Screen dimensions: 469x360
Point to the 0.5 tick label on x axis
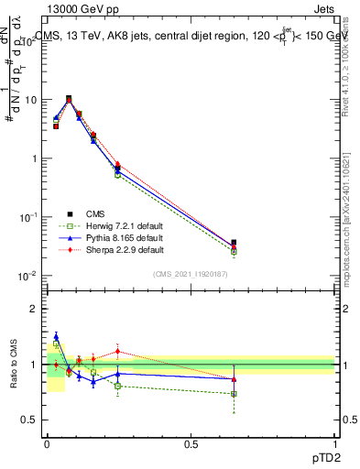pyautogui.click(x=191, y=443)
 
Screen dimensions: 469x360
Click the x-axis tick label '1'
pyautogui.click(x=335, y=443)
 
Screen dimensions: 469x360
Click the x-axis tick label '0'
pyautogui.click(x=47, y=443)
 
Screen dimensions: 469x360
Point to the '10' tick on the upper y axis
pyautogui.click(x=30, y=100)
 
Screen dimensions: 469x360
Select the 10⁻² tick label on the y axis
pyautogui.click(x=28, y=276)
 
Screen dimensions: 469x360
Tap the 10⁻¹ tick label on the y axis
pyautogui.click(x=28, y=217)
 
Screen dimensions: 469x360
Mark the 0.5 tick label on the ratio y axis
pyautogui.click(x=31, y=420)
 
